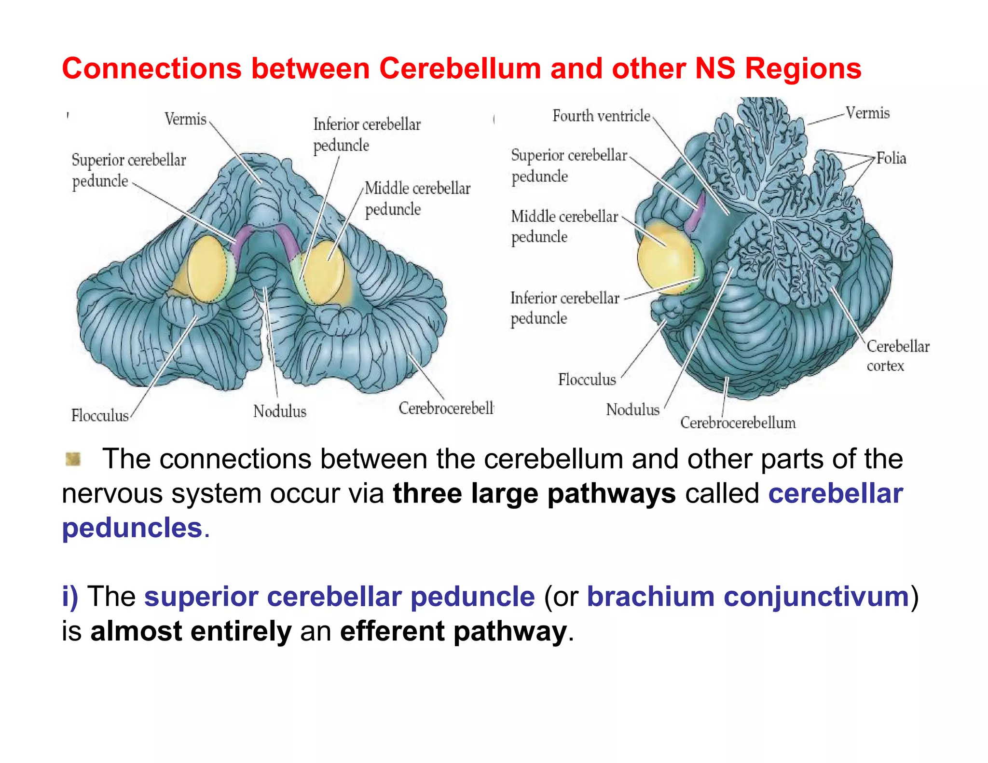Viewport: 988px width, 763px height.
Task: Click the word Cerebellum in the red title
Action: tap(460, 68)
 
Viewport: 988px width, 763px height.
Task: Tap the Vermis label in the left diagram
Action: tap(185, 119)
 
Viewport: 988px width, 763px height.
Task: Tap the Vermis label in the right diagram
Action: tap(867, 113)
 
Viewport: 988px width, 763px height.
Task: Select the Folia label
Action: tap(891, 158)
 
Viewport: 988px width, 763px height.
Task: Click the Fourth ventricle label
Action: tap(601, 116)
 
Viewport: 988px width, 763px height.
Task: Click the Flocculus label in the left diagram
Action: tap(100, 415)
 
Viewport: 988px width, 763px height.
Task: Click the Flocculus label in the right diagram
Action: tap(587, 380)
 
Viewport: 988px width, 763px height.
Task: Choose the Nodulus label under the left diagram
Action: tap(280, 411)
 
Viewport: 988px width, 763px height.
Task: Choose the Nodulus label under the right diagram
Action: tap(632, 409)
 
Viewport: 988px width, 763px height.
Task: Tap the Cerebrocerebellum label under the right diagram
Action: tap(738, 423)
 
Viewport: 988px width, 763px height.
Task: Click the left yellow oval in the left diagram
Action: tap(206, 268)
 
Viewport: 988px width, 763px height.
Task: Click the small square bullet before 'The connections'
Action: tap(73, 459)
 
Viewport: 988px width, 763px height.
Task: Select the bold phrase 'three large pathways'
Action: tap(534, 493)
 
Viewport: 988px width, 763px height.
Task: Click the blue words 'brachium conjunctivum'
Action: tap(748, 597)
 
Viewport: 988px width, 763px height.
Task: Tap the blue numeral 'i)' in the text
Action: tap(69, 597)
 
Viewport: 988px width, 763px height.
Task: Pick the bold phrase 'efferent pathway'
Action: tap(453, 631)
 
